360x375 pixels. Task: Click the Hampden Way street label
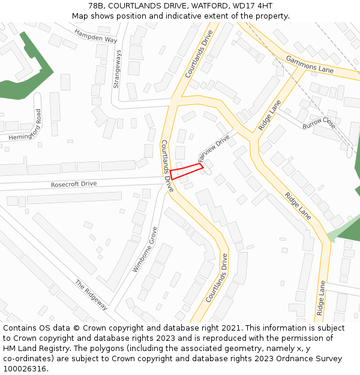pos(96,35)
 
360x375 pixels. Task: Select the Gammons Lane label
pos(310,65)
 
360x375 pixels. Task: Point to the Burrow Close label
pos(319,123)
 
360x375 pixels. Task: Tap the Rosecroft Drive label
pos(73,184)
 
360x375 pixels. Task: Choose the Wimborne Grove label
pos(145,249)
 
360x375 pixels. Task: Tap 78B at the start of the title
pos(96,6)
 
